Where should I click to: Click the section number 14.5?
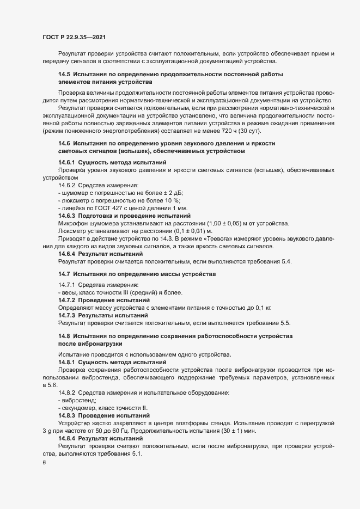pyautogui.click(x=64, y=73)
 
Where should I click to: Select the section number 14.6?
pyautogui.click(x=64, y=143)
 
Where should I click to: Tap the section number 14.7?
pyautogui.click(x=64, y=273)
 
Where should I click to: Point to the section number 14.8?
pyautogui.click(x=64, y=336)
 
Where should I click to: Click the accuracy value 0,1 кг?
pyautogui.click(x=247, y=308)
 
